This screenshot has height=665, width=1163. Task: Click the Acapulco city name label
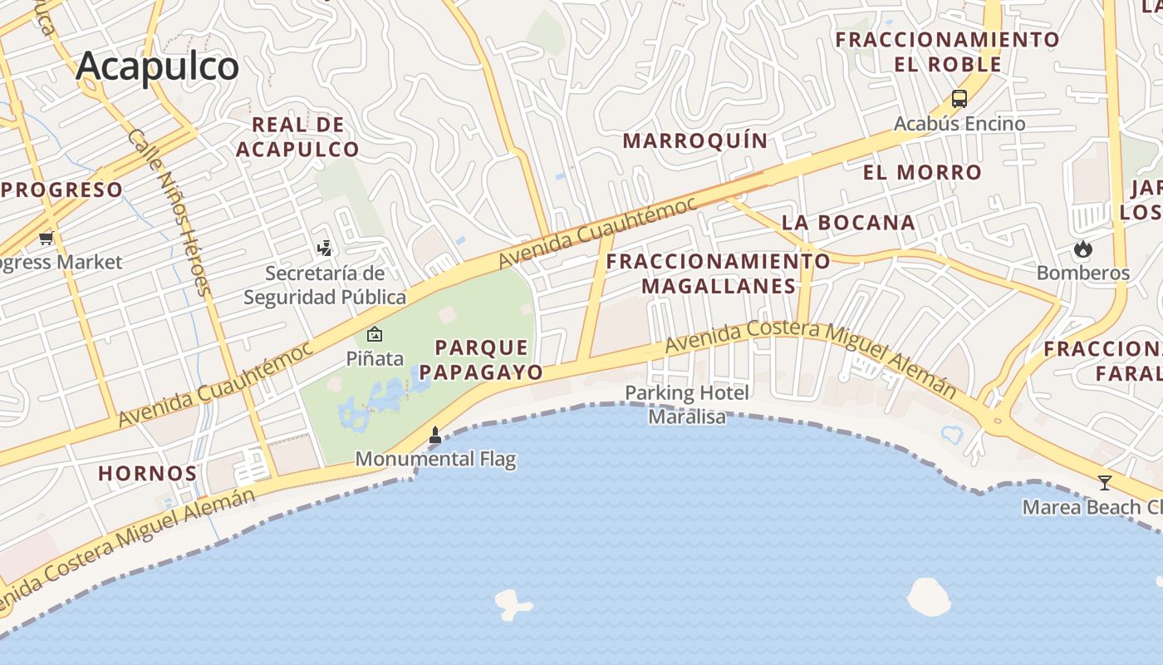[x=157, y=66]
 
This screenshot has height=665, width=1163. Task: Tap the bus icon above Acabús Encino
[x=959, y=99]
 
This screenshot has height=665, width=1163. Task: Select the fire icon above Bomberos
[x=1082, y=248]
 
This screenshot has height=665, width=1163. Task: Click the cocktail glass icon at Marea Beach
[x=1105, y=482]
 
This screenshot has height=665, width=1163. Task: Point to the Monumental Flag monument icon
[x=434, y=434]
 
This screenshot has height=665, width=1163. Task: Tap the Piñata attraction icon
[x=375, y=335]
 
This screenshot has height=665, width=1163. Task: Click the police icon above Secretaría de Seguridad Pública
[x=325, y=248]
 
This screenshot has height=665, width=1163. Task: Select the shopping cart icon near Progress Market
[x=46, y=239]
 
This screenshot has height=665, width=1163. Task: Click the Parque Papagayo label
[x=481, y=359]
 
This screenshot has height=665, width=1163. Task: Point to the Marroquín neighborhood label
[x=695, y=140]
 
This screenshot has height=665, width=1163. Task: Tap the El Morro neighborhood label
[x=922, y=173]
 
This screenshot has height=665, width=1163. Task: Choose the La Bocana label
[x=848, y=223]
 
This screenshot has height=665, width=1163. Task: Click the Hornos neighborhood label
[x=148, y=474]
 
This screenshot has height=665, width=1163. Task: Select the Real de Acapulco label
[x=298, y=137]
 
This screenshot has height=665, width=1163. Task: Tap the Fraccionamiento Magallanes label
[x=718, y=273]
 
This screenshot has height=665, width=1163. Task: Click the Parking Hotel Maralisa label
[x=687, y=404]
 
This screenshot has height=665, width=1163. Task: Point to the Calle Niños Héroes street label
[x=170, y=212]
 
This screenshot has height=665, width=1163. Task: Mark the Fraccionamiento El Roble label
[x=948, y=52]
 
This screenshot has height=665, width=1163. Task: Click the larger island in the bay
[x=929, y=596]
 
